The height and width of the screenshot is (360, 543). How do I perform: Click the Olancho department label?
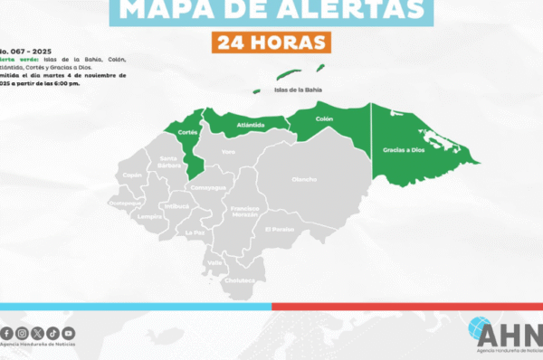[304, 179]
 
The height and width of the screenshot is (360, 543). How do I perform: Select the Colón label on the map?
[324, 118]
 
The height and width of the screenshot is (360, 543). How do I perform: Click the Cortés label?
[187, 132]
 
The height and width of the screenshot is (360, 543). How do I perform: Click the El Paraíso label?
[279, 229]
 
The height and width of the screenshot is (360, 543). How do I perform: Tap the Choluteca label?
[239, 280]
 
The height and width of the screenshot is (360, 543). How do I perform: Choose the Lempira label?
[149, 217]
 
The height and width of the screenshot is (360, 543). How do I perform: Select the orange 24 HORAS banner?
[271, 43]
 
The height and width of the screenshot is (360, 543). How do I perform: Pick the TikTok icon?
[52, 334]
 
